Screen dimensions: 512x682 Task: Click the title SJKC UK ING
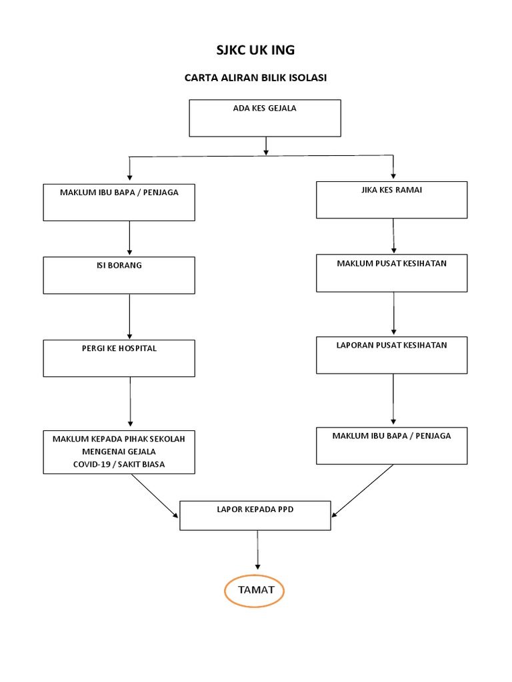[x=255, y=50]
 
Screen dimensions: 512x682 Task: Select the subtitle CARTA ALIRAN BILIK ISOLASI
[x=255, y=78]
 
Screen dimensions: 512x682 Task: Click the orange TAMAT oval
[x=254, y=575]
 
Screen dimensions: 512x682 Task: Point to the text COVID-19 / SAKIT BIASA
[x=119, y=464]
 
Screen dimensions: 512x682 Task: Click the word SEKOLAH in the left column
[x=167, y=440]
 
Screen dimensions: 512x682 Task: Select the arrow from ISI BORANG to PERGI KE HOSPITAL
[x=129, y=316]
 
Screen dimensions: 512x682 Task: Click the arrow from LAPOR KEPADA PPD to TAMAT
[x=257, y=550]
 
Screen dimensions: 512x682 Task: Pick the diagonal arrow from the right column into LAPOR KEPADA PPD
[x=362, y=491]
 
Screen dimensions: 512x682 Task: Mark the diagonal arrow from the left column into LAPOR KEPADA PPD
[x=155, y=496]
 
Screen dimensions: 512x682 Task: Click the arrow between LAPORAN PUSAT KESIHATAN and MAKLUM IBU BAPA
[x=393, y=400]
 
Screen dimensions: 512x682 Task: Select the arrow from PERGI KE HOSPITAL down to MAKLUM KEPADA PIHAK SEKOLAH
[x=130, y=402]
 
